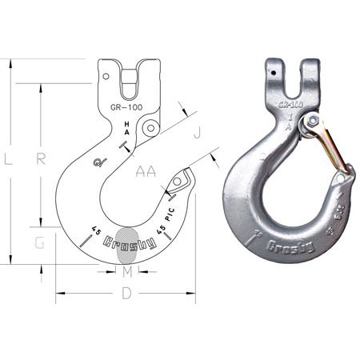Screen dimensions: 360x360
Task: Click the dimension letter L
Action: coord(7,159)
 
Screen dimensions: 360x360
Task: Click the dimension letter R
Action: coord(41,158)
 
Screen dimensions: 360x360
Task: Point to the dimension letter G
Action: coord(39,243)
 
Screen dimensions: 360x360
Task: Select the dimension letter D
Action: coord(126,294)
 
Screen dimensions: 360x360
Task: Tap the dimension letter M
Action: coord(126,272)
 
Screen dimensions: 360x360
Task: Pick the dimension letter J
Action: coord(197,130)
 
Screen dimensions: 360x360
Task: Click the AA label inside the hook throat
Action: coord(146,171)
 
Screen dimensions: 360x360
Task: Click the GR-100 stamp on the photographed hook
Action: coord(290,105)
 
